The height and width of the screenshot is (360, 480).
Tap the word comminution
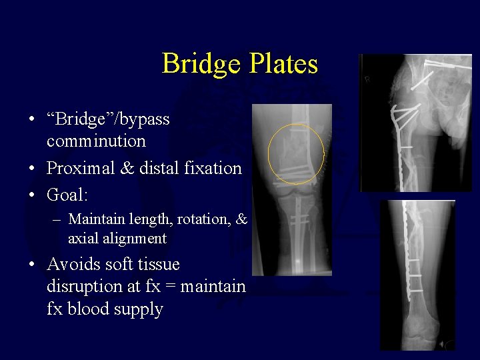point(96,141)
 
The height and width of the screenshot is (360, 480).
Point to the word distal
point(157,168)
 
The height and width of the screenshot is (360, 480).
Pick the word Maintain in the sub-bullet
point(98,219)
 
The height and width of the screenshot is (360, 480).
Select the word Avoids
point(74,264)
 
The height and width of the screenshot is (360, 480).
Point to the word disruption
point(83,287)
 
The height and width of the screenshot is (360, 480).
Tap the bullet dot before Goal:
point(31,195)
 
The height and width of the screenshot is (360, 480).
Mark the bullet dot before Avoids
point(31,265)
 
